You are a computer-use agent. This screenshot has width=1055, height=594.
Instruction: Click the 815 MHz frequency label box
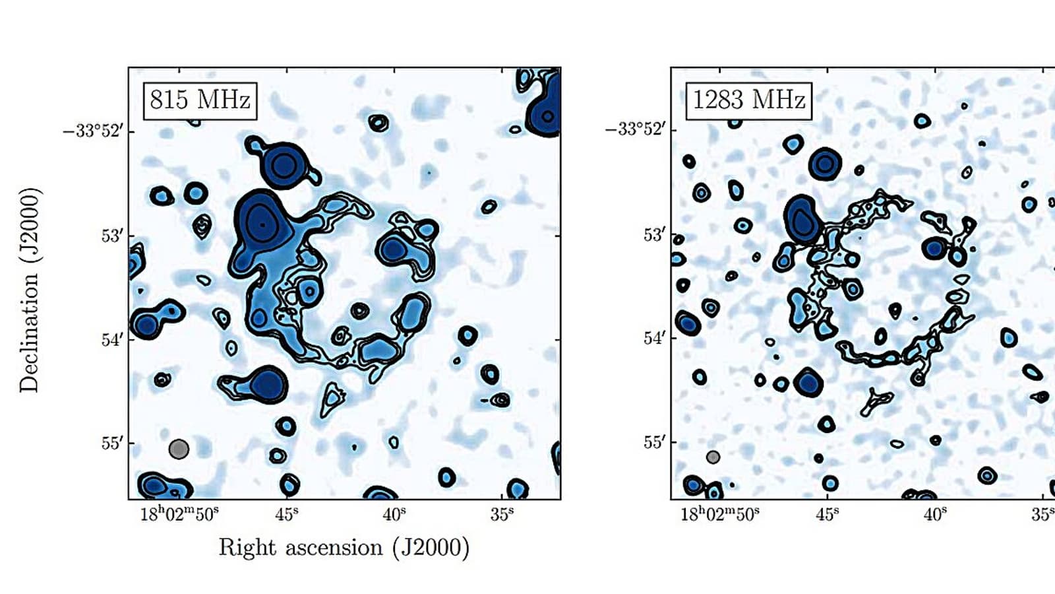click(200, 100)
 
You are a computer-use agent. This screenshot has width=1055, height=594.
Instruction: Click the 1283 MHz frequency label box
click(748, 100)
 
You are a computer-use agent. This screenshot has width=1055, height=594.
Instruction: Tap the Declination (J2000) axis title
click(30, 290)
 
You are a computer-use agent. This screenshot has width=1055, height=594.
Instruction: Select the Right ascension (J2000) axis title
click(344, 548)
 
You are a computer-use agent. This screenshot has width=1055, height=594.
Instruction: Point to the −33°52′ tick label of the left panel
click(93, 131)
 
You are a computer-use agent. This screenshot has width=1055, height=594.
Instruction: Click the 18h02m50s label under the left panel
click(179, 514)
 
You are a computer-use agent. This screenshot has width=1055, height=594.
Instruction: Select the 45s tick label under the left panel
click(287, 514)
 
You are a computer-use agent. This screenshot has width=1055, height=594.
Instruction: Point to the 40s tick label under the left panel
click(394, 514)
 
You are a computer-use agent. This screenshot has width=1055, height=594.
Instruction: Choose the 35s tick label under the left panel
click(502, 514)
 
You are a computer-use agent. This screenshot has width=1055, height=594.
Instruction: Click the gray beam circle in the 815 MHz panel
click(179, 449)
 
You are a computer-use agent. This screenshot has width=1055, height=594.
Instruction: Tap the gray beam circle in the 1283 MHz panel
click(713, 457)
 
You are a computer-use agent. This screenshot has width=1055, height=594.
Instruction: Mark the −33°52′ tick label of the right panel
click(636, 129)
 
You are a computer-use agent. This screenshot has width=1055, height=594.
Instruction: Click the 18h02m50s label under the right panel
click(719, 514)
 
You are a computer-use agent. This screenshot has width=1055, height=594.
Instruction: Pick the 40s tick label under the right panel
click(935, 514)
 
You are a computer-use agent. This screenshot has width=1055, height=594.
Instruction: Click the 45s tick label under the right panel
click(828, 514)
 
